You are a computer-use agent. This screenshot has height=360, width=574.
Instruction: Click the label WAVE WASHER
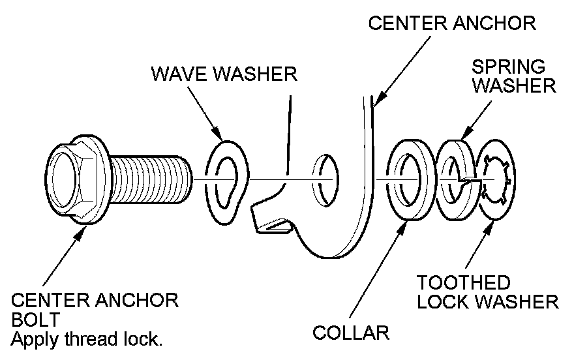coord(224,73)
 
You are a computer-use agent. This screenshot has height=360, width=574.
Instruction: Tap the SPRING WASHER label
coord(513,76)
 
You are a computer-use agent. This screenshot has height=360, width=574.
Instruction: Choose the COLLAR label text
coord(350,333)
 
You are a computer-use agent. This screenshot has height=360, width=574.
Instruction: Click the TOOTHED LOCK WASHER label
coord(487,292)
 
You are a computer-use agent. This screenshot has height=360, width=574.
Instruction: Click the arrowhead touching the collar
coord(403,223)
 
